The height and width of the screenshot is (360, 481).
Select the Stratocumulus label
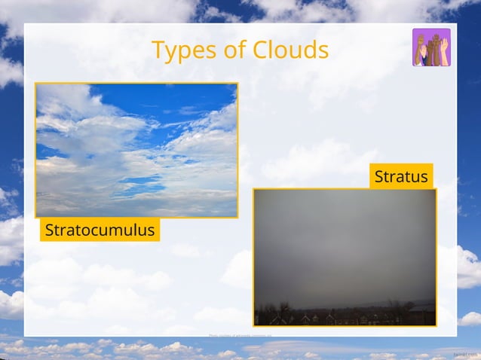[x=100, y=230]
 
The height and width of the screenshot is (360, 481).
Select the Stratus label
[x=401, y=177]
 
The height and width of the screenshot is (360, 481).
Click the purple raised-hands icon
[x=431, y=47]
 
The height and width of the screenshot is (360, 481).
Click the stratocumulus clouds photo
[x=136, y=150]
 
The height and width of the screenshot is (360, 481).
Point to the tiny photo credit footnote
[x=240, y=334]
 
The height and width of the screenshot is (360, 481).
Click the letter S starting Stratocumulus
[x=49, y=230]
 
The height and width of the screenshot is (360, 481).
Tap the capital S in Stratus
[x=379, y=177]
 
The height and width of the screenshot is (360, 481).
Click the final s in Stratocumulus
[x=151, y=230]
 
